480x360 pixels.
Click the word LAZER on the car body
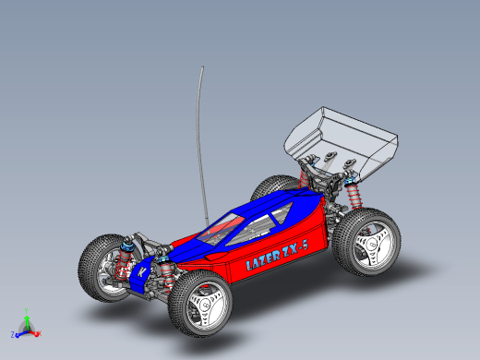point(263,261)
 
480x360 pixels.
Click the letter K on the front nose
point(142,272)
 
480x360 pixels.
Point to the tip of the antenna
point(202,66)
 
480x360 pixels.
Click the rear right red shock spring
point(354,196)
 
